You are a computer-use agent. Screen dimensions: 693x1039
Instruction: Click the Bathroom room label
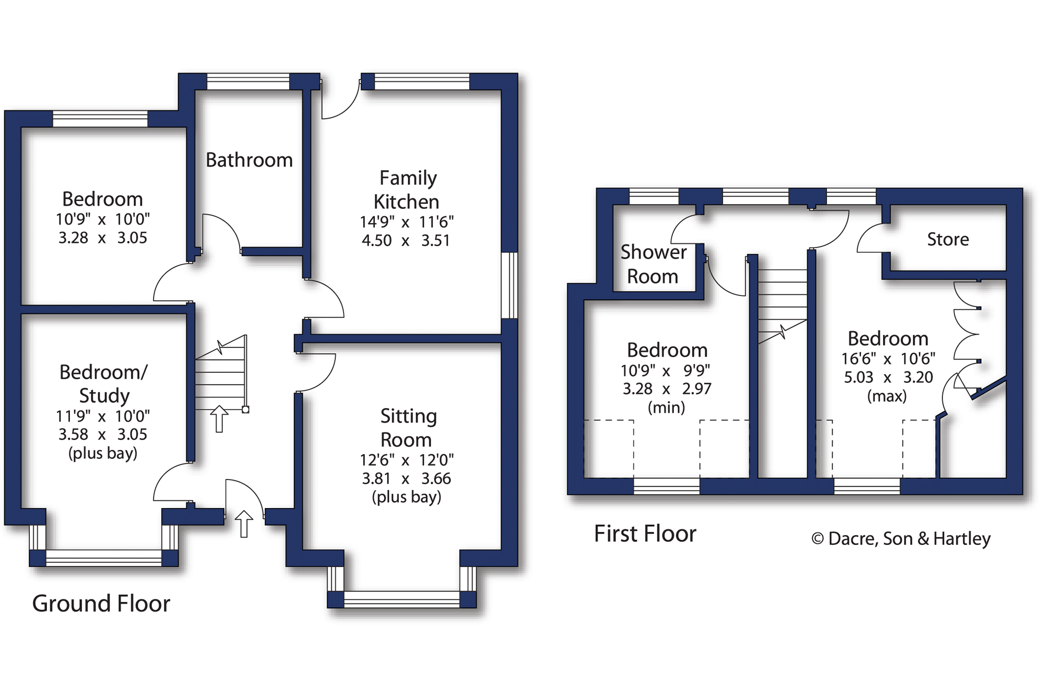click(x=249, y=160)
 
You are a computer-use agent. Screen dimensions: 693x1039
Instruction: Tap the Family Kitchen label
click(x=407, y=190)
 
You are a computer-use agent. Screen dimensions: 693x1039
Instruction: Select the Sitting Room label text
click(x=407, y=427)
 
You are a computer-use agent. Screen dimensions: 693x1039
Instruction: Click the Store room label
click(x=948, y=239)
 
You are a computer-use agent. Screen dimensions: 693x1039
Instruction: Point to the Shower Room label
click(x=653, y=264)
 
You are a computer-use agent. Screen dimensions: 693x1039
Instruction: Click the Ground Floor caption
click(x=101, y=603)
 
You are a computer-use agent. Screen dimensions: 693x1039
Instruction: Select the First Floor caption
click(x=645, y=534)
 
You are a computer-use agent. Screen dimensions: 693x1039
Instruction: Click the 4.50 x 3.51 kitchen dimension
click(x=406, y=241)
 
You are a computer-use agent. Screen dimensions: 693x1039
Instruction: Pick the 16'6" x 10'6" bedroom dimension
click(x=887, y=358)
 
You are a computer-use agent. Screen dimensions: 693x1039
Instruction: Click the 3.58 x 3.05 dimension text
click(x=103, y=434)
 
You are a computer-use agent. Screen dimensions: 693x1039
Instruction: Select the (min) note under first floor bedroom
click(x=666, y=407)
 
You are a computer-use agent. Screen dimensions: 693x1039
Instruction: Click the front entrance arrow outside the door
click(x=244, y=524)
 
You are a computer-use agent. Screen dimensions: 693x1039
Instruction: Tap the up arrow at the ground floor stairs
click(x=219, y=419)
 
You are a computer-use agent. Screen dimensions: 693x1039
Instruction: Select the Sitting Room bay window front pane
click(x=402, y=599)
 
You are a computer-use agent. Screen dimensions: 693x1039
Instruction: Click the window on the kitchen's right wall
click(x=509, y=285)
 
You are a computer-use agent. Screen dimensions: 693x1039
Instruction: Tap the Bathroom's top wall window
click(x=248, y=81)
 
